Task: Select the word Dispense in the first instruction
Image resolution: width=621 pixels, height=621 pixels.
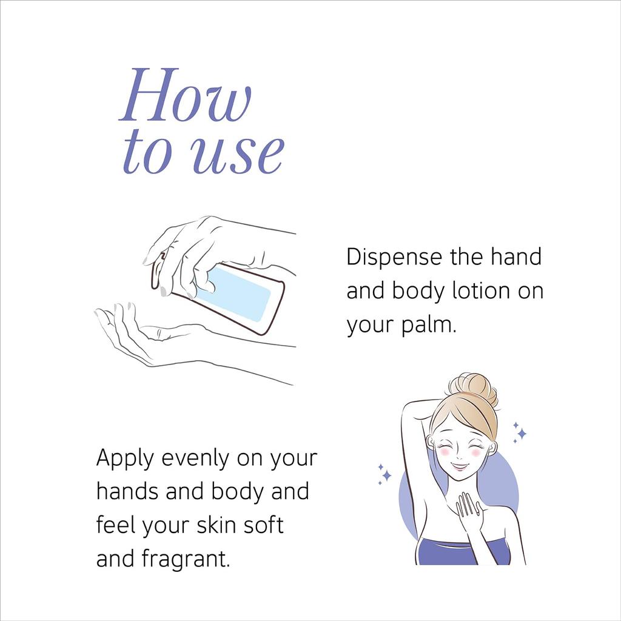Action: coord(394,257)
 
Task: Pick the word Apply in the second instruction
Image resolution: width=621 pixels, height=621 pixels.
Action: coord(125,458)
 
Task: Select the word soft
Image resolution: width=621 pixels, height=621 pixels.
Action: coord(265,525)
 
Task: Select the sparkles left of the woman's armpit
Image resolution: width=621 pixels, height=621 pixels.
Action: coord(384,474)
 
